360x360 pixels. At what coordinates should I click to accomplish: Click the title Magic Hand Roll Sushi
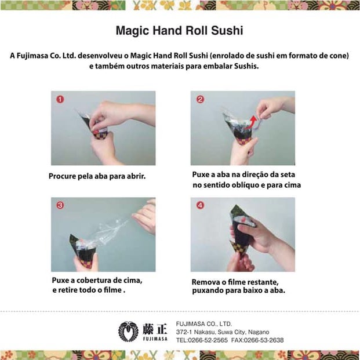(x=179, y=30)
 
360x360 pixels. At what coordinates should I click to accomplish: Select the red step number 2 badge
(x=200, y=99)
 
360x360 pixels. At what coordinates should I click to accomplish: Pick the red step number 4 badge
(x=200, y=205)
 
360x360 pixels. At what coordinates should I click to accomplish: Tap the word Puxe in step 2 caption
(x=202, y=174)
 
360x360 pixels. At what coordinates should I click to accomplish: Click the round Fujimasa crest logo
(x=128, y=331)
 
